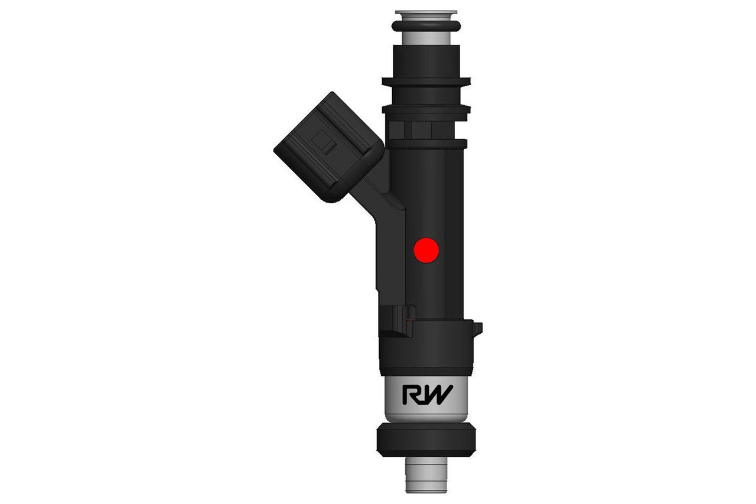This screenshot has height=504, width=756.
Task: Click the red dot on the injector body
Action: pos(426,251)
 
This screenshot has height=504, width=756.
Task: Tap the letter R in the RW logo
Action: pos(412,395)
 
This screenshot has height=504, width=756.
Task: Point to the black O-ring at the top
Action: pos(426,26)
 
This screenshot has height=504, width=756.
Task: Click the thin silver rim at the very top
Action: pos(426,12)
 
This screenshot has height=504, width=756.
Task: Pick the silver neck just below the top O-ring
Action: pos(426,38)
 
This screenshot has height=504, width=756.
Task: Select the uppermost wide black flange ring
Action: pos(426,82)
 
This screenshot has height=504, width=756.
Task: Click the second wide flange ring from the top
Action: pos(426,109)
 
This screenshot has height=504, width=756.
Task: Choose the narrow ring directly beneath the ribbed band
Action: pos(426,144)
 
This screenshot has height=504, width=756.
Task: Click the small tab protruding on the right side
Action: pos(477,328)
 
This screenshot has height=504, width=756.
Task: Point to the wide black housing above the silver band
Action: pos(426,349)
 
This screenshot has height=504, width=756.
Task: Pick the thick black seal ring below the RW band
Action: pos(426,439)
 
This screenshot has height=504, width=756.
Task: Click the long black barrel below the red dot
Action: pos(434,290)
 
